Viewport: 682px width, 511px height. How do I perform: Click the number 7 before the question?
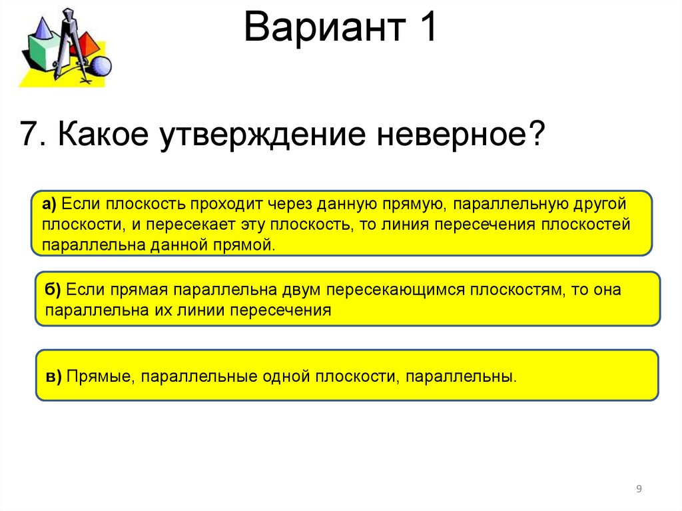click(29, 135)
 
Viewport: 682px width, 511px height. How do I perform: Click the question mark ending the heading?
click(536, 135)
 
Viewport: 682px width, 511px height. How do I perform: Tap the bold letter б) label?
click(53, 290)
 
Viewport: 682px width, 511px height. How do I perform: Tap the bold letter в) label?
click(54, 376)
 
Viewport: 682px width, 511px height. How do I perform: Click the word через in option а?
click(292, 203)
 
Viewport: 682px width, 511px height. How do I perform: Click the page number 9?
click(639, 489)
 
